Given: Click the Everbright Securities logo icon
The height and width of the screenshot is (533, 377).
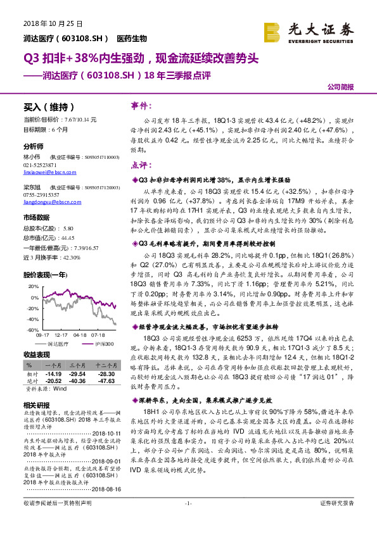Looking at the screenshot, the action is [x=272, y=30].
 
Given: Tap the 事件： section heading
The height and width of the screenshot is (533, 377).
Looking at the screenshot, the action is [x=141, y=105].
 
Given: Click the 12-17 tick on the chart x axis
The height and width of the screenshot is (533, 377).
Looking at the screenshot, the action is [x=61, y=335].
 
